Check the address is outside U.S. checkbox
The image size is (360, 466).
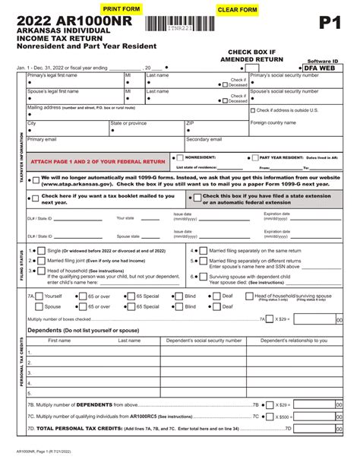(x=253, y=111)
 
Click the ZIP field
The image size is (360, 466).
(x=216, y=126)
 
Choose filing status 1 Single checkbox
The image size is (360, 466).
(x=43, y=250)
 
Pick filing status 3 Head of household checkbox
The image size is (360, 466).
(x=43, y=270)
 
